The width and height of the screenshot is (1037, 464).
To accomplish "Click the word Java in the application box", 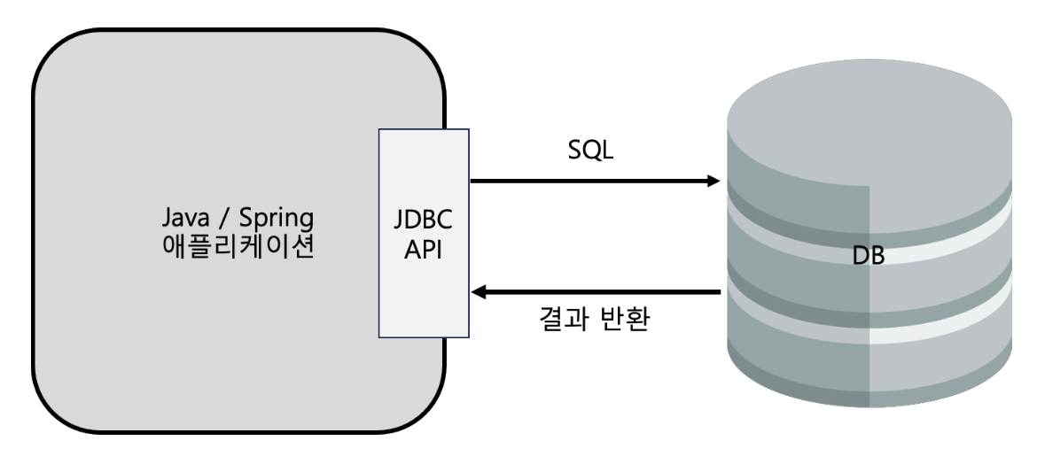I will click(184, 218).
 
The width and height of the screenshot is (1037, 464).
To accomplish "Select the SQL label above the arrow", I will click(590, 151).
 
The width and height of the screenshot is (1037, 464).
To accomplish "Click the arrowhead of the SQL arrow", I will click(713, 182).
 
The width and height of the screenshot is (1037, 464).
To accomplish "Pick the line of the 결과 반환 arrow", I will click(603, 291).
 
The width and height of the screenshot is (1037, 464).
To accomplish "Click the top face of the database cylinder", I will click(869, 124).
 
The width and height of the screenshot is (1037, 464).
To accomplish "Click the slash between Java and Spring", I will click(225, 218).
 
